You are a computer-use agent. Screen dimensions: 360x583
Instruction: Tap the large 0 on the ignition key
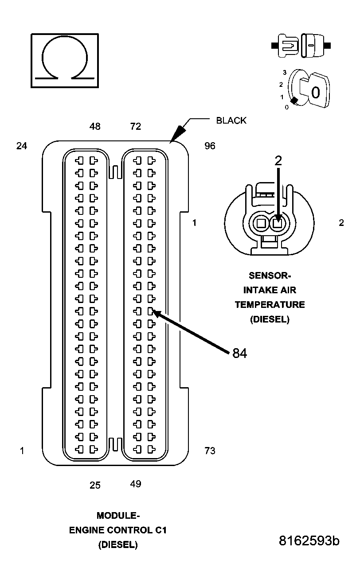point(316,93)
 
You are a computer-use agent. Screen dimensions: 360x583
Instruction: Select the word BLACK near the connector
point(231,120)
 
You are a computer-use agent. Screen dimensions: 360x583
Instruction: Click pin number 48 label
point(95,127)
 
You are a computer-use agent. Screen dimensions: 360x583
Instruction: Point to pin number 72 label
point(136,127)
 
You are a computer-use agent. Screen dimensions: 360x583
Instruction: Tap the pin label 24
point(22,146)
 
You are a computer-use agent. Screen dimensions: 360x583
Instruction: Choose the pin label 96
point(210,146)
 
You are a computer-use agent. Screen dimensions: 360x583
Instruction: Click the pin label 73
point(210,451)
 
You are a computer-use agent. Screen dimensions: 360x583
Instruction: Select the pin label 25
point(95,485)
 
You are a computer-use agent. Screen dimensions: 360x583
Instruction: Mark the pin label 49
point(136,484)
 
